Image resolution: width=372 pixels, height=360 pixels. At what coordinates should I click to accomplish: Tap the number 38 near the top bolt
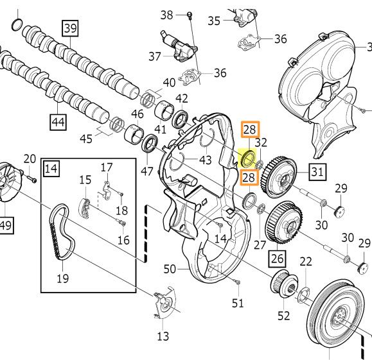167,14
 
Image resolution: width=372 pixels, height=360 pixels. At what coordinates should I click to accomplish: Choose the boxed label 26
276,259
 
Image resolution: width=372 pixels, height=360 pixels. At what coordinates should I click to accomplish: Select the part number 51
238,303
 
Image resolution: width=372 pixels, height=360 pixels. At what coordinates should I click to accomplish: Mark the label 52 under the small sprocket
283,315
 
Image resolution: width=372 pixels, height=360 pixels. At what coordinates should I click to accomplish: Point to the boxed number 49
6,225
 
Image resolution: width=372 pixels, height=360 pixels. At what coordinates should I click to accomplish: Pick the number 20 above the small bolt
30,159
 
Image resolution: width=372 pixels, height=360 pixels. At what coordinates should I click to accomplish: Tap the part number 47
147,171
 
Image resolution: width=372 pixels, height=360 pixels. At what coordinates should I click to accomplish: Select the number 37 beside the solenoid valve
155,56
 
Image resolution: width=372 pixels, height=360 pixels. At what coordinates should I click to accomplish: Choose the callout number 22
306,261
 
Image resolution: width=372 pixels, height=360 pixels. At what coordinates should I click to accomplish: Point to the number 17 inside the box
106,167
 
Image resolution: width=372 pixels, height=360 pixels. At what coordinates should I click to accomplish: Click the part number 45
85,138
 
